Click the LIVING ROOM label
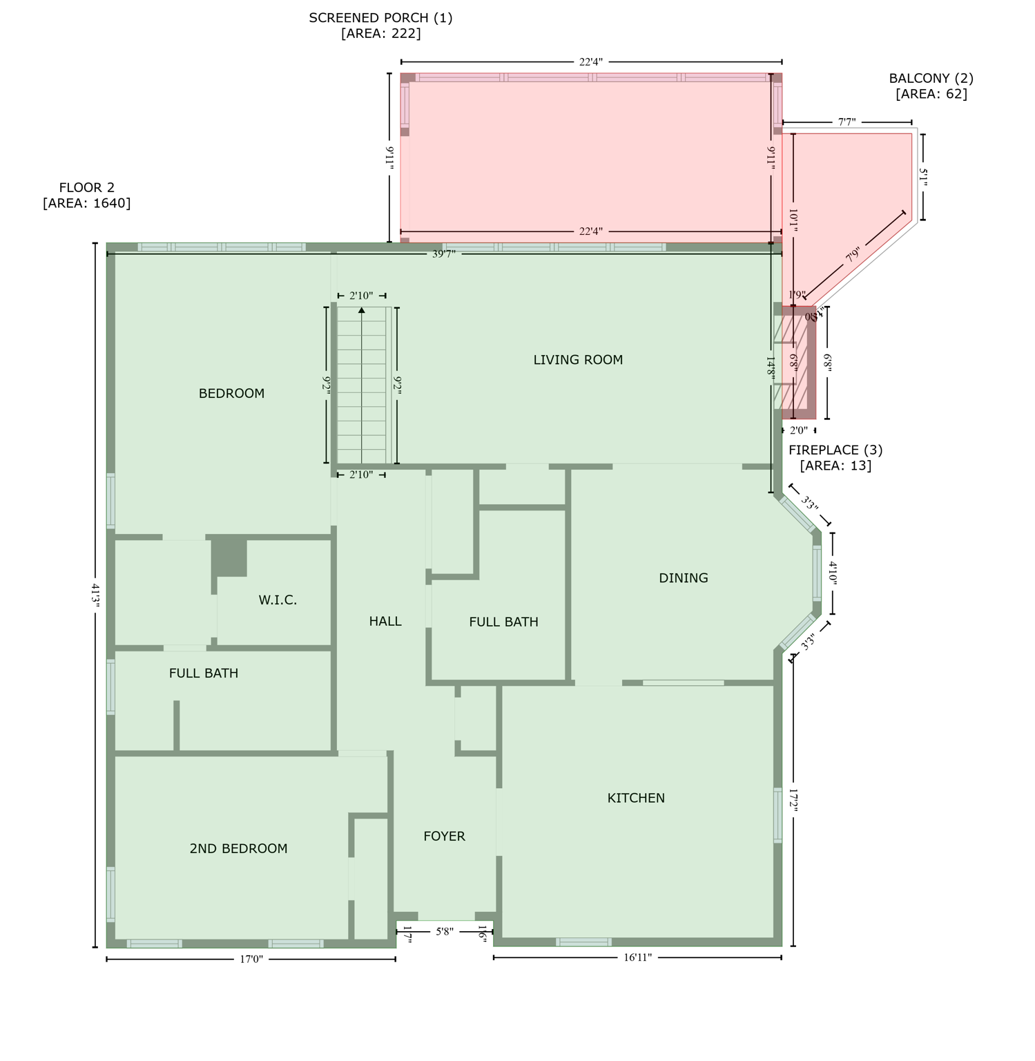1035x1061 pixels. coord(578,360)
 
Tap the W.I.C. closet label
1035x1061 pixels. coord(278,600)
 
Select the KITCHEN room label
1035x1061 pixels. coord(636,799)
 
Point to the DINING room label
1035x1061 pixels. coord(683,578)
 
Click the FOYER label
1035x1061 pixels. coord(444,837)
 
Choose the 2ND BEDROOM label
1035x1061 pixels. coord(238,849)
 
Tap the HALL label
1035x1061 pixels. coord(385,622)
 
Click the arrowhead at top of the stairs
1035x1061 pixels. coord(362,311)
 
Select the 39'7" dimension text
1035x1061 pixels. coord(444,254)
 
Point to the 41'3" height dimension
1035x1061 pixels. coord(96,595)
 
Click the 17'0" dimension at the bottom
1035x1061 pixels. coord(251,959)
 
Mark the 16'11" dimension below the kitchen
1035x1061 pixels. coord(637,958)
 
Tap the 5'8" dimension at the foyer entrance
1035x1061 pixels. coord(445,932)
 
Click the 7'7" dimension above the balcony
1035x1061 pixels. coord(847,122)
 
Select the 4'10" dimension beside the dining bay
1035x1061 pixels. coord(833,573)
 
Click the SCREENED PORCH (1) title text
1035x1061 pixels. coord(380,18)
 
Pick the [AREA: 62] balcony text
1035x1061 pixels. coord(931,94)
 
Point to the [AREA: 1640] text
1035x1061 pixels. coord(86,203)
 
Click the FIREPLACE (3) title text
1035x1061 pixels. coord(835,450)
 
